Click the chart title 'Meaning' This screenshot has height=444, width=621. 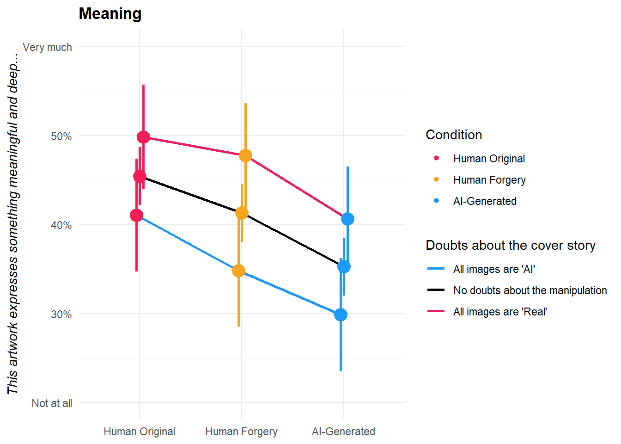pos(110,14)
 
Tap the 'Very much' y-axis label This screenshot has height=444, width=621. pos(47,47)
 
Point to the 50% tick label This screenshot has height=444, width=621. pos(61,136)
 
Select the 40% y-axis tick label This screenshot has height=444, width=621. pos(61,225)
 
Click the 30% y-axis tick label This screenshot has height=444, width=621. pos(61,314)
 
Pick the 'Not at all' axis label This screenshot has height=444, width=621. pos(52,403)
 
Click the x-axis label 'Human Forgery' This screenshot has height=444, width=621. pos(241,432)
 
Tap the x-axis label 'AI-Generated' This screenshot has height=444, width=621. pos(343,432)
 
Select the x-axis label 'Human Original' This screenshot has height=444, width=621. pos(139,432)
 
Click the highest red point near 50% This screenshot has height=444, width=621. pos(143,137)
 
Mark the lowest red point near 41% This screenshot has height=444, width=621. pos(136,215)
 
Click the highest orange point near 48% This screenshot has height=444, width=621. pos(245,155)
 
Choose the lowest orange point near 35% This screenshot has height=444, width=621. pos(238,271)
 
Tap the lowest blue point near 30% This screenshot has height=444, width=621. pos(341,314)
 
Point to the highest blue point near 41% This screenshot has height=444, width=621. pos(347,219)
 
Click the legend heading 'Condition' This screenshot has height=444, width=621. pos(454,135)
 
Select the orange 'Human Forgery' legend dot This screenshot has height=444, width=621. pos(436,179)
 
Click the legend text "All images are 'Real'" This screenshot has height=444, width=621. pos(500,312)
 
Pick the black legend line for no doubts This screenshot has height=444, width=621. pos(436,290)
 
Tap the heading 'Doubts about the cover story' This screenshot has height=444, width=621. pos(510,245)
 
